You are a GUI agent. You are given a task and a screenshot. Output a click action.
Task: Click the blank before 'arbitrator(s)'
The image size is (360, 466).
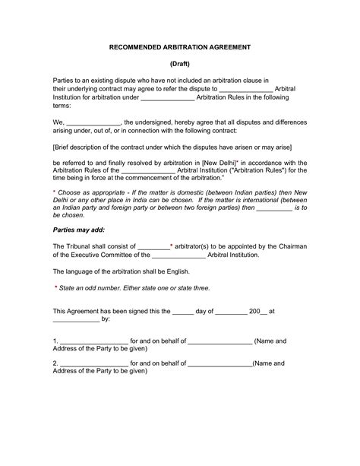coord(153,246)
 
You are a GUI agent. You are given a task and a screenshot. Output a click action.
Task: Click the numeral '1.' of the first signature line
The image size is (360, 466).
coord(55,341)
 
